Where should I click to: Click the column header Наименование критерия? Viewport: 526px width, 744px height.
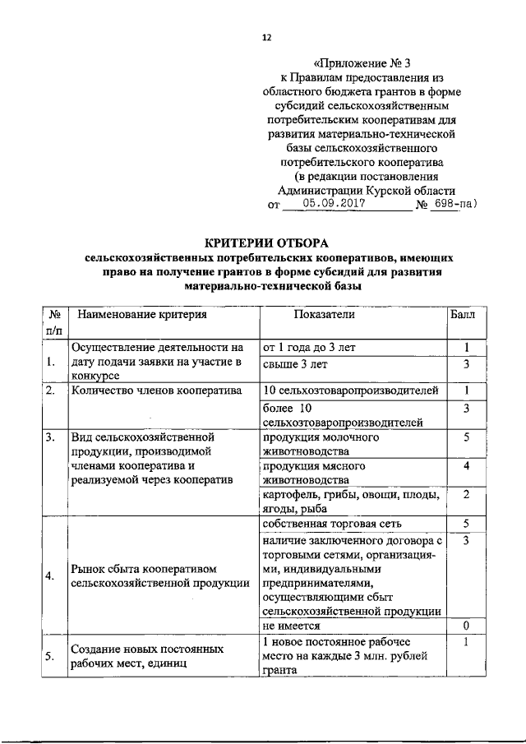click(137, 314)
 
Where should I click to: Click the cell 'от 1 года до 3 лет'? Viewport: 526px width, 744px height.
click(308, 348)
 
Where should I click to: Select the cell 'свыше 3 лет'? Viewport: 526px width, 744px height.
click(293, 363)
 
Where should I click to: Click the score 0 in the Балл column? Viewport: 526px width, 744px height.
click(465, 626)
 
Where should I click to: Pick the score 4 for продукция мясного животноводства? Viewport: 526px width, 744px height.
click(465, 466)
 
